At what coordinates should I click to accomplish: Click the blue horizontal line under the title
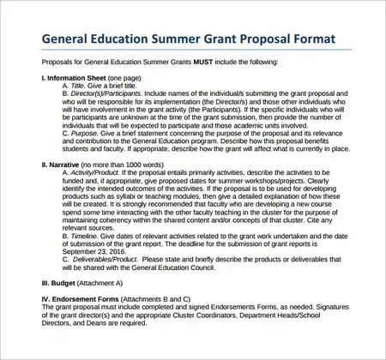coord(192,53)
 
